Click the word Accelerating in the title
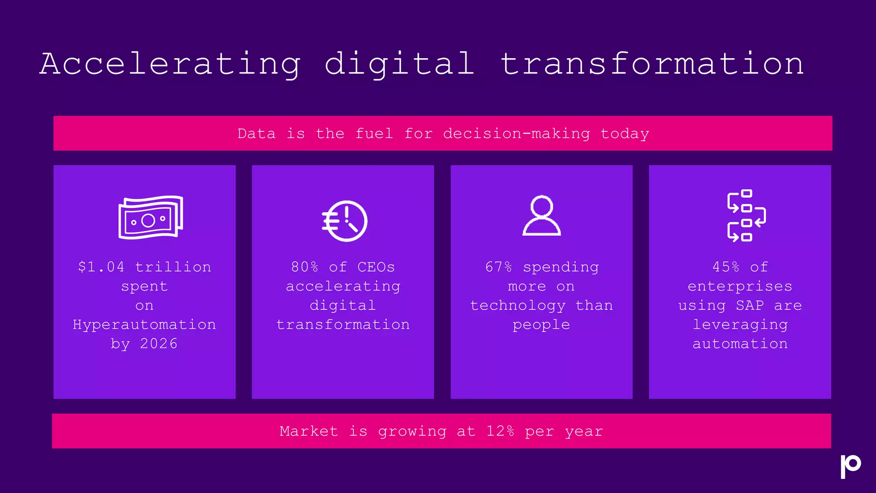coord(170,64)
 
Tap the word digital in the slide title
coord(400,64)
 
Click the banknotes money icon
coord(151,217)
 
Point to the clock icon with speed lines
coord(345,221)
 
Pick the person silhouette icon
coord(542,216)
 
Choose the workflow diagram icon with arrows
coord(746,215)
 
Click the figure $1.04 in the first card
coord(101,267)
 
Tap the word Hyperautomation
coord(145,324)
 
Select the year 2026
coord(159,344)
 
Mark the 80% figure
coord(305,267)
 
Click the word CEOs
coord(376,267)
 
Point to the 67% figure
coord(498,267)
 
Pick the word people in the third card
coord(541,325)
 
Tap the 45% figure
coord(725,267)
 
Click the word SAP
coord(750,305)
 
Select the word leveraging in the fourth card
coord(740,325)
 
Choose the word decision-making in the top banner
coord(516,134)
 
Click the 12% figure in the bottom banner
coord(500,431)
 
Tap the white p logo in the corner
coord(850,466)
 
